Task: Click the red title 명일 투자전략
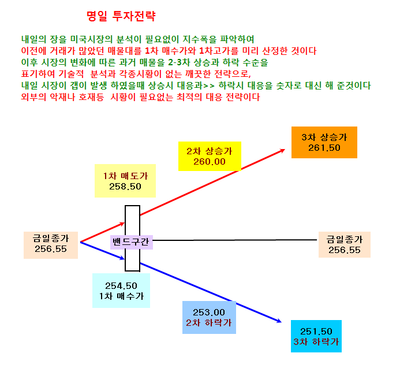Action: point(121,16)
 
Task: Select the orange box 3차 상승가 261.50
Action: point(324,142)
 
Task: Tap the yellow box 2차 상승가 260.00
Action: point(210,156)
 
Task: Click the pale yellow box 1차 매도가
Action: point(125,181)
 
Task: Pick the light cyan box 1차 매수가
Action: point(121,291)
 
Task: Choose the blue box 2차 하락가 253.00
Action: point(209,317)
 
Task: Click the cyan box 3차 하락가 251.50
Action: point(316,336)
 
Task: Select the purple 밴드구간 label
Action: point(132,242)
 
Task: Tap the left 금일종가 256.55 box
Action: point(51,245)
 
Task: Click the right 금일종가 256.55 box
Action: point(345,244)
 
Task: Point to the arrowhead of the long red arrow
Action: point(283,151)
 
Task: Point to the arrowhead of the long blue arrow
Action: point(279,321)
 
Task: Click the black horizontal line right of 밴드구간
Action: point(235,240)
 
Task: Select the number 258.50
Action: point(125,187)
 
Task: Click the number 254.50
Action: point(121,286)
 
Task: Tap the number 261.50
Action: point(324,148)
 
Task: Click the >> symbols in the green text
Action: point(209,86)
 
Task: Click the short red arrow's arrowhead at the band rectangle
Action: point(122,224)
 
